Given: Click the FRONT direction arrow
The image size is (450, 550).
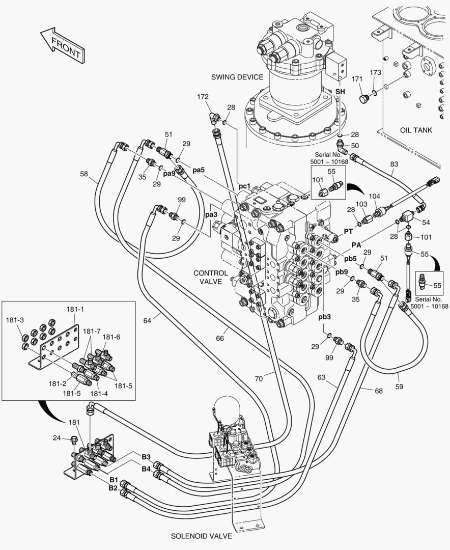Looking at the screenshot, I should coord(61,46).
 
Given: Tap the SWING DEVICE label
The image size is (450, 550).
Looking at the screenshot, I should coord(237,77).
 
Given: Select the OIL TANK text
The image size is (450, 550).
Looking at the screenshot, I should coord(416,130).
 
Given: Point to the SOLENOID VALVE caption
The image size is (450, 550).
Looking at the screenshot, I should coord(202,536).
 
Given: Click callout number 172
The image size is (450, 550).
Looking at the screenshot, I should coord(203,96).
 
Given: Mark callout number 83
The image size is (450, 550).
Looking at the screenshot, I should coord(393,164).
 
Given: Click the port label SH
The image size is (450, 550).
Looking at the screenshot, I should coord(340,92).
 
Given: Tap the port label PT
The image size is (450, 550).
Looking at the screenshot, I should coord(349,232).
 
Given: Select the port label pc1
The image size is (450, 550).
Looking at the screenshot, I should coord(245,186).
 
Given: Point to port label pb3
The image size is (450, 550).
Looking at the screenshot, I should coord(325,317).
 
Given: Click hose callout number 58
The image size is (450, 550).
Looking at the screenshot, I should coord(84,174).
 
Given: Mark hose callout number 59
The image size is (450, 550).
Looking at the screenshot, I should coord(399,387).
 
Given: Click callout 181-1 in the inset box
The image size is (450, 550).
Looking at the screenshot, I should coord(75,309).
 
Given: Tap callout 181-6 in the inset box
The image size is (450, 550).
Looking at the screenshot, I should coord(112,337).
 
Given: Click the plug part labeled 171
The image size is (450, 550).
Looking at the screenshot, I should coord(363,98).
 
